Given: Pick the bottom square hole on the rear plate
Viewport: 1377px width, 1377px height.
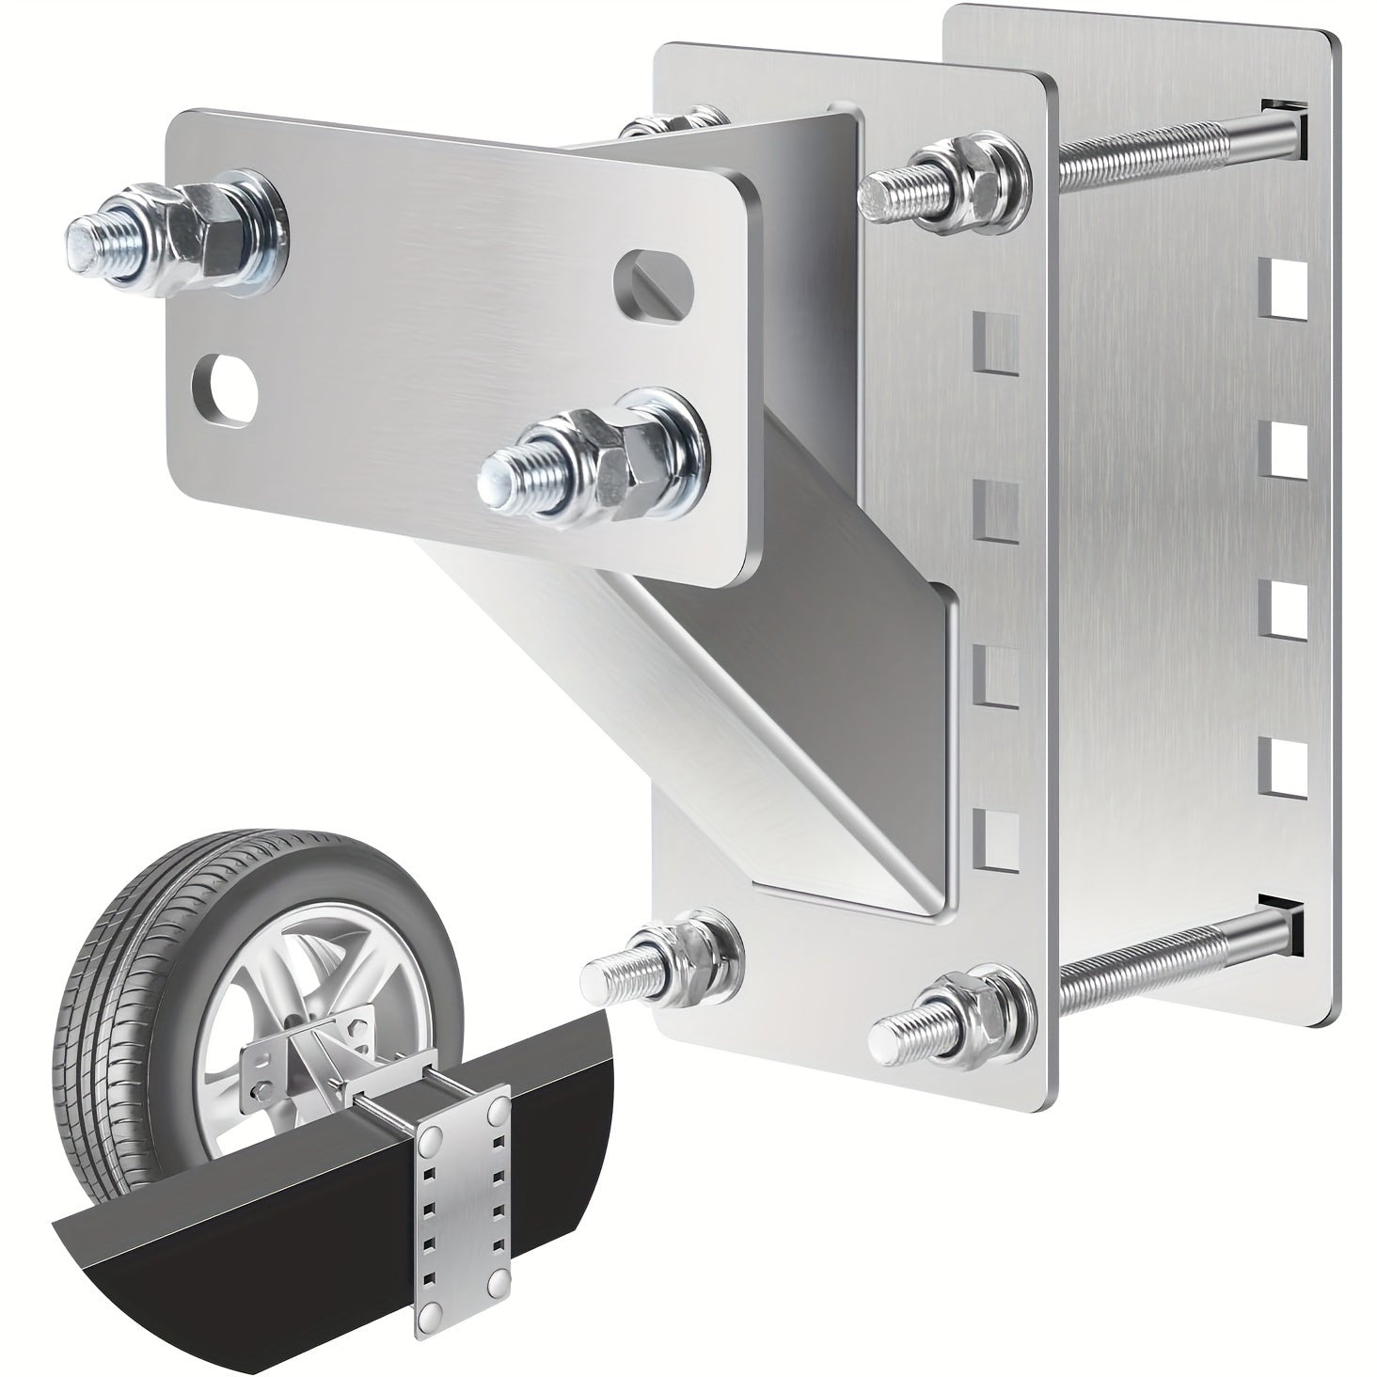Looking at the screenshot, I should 1282,764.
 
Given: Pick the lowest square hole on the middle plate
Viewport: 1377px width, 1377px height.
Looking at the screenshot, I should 995,837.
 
